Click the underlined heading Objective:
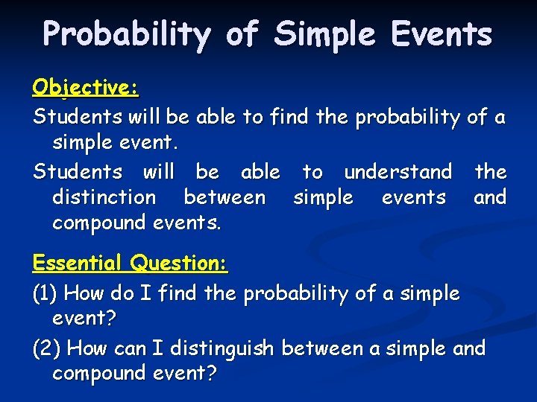point(85,88)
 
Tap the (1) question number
point(45,293)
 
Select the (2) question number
point(47,348)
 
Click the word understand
point(398,172)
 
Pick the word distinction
point(104,197)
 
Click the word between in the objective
point(224,197)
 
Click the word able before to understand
point(260,172)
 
